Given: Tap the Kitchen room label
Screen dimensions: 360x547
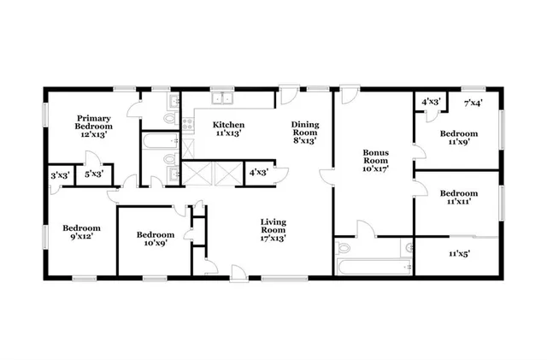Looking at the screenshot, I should click(x=228, y=124).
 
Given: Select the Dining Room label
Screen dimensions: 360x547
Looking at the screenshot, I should click(x=305, y=128).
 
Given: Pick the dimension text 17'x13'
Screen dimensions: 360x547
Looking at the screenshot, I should click(x=273, y=239).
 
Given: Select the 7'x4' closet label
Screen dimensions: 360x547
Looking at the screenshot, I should click(x=473, y=103).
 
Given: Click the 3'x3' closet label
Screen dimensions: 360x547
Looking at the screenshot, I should click(x=59, y=175).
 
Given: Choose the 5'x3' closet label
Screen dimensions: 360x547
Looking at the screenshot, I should click(x=94, y=175).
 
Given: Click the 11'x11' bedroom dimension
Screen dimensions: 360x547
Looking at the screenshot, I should click(x=459, y=203).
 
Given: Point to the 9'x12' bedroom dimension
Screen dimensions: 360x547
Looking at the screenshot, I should click(x=82, y=237).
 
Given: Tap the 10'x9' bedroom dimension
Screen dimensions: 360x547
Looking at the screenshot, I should click(x=156, y=243).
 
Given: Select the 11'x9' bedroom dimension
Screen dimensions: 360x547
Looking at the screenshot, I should click(x=459, y=144).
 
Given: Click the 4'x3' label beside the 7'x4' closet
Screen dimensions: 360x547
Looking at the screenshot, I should click(x=432, y=103).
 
